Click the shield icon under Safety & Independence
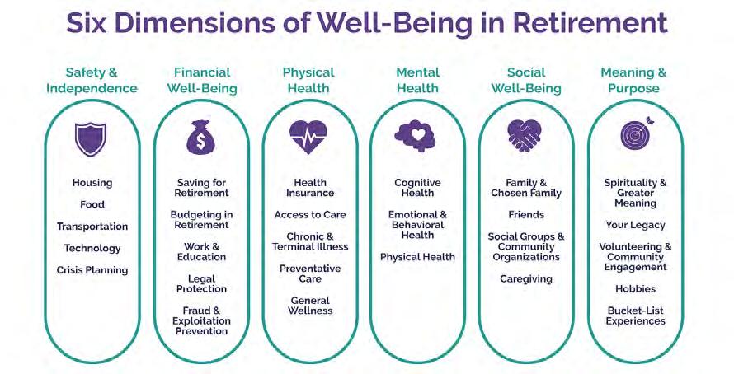click(x=91, y=138)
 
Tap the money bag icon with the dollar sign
click(x=202, y=138)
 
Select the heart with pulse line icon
click(x=309, y=138)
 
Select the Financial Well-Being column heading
click(x=202, y=80)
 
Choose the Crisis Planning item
click(x=92, y=270)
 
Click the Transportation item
click(x=92, y=227)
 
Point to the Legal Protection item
click(x=201, y=284)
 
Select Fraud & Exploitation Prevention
click(x=201, y=321)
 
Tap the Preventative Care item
click(x=310, y=273)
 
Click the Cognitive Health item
click(x=417, y=188)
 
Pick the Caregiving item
click(x=526, y=279)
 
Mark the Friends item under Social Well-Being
click(x=526, y=215)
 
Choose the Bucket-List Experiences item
click(x=635, y=316)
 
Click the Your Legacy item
click(x=635, y=225)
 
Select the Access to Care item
click(x=310, y=215)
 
